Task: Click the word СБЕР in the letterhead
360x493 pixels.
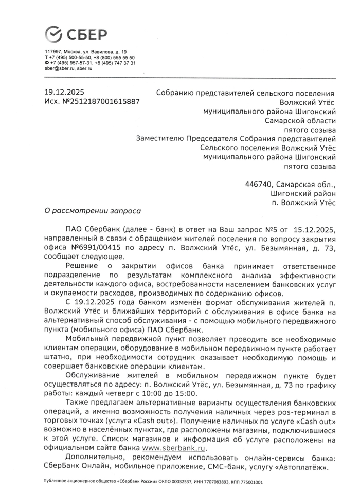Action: [x=86, y=34]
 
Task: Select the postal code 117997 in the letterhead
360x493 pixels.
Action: [x=53, y=52]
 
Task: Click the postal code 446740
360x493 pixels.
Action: [x=259, y=184]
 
